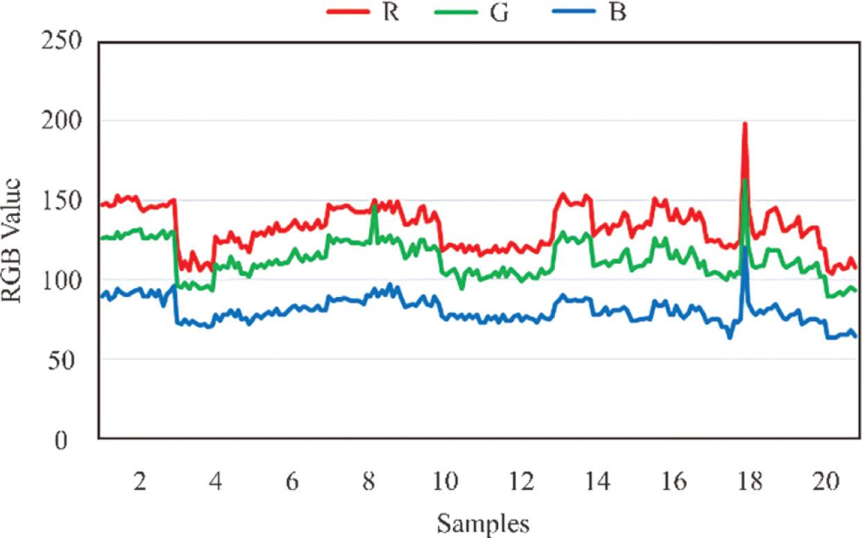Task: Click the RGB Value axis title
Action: pos(15,239)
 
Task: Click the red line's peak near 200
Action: pos(744,124)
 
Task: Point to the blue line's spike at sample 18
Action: pos(744,247)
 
